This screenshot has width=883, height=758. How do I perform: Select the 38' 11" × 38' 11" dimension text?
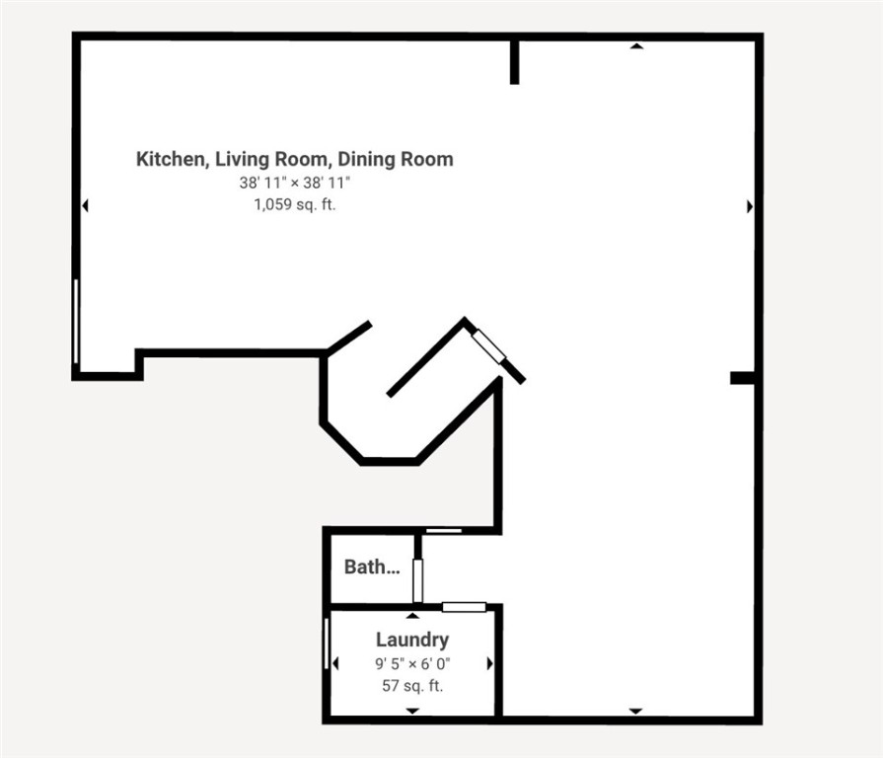point(295,184)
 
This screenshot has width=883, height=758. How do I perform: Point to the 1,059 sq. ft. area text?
point(295,205)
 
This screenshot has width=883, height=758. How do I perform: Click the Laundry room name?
point(412,641)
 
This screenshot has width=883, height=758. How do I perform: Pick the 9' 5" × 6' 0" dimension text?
point(412,664)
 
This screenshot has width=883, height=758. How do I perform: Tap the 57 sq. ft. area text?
point(412,685)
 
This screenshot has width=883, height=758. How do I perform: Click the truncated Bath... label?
point(372,568)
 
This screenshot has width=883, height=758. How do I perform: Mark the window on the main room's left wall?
point(76,321)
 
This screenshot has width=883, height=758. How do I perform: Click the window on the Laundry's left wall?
point(327,644)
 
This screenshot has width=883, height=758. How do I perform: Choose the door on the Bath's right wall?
point(417,580)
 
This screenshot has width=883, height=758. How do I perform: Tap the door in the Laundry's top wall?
point(464,607)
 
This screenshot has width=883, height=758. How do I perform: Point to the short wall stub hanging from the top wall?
point(514,62)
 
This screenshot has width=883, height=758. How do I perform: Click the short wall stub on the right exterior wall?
point(742,378)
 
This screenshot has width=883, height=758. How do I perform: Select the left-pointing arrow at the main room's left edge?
point(86,206)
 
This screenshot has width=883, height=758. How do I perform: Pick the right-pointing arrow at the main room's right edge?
point(750,206)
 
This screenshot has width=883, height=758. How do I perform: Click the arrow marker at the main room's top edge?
point(636,45)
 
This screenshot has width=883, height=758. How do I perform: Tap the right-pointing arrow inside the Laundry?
point(489,664)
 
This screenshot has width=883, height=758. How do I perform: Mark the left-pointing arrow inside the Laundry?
point(335,664)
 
